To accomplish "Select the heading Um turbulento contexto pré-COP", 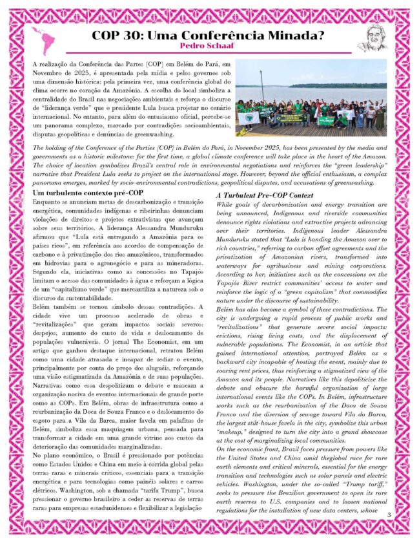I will coord(88,193).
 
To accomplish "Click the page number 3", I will coord(389,514).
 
